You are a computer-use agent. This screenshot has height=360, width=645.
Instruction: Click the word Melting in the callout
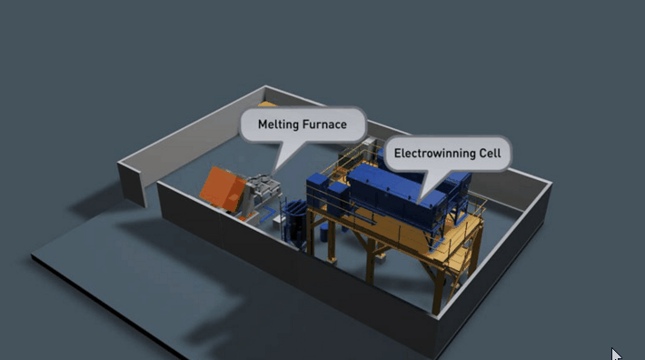[279, 124]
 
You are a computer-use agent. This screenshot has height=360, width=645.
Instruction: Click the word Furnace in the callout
[324, 124]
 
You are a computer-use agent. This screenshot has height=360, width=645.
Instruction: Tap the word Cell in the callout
[491, 153]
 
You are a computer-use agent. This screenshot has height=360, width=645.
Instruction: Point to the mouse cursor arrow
[616, 354]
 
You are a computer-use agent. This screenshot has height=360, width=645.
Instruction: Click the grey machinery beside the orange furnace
[263, 194]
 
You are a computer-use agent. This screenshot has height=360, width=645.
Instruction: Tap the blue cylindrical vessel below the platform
[296, 223]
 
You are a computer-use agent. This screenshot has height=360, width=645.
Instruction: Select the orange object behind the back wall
[263, 106]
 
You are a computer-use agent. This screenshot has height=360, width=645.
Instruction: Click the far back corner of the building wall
[266, 89]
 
